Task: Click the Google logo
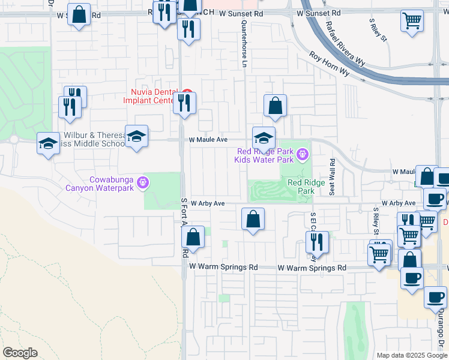(x=20, y=353)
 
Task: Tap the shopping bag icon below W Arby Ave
(x=253, y=220)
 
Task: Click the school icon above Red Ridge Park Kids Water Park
(x=264, y=138)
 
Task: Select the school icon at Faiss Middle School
(x=136, y=136)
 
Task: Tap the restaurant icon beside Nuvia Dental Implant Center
(x=184, y=103)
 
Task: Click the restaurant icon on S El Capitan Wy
(x=317, y=242)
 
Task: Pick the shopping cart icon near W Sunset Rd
(x=412, y=21)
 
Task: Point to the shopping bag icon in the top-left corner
(x=79, y=14)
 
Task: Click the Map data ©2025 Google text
(x=412, y=355)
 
